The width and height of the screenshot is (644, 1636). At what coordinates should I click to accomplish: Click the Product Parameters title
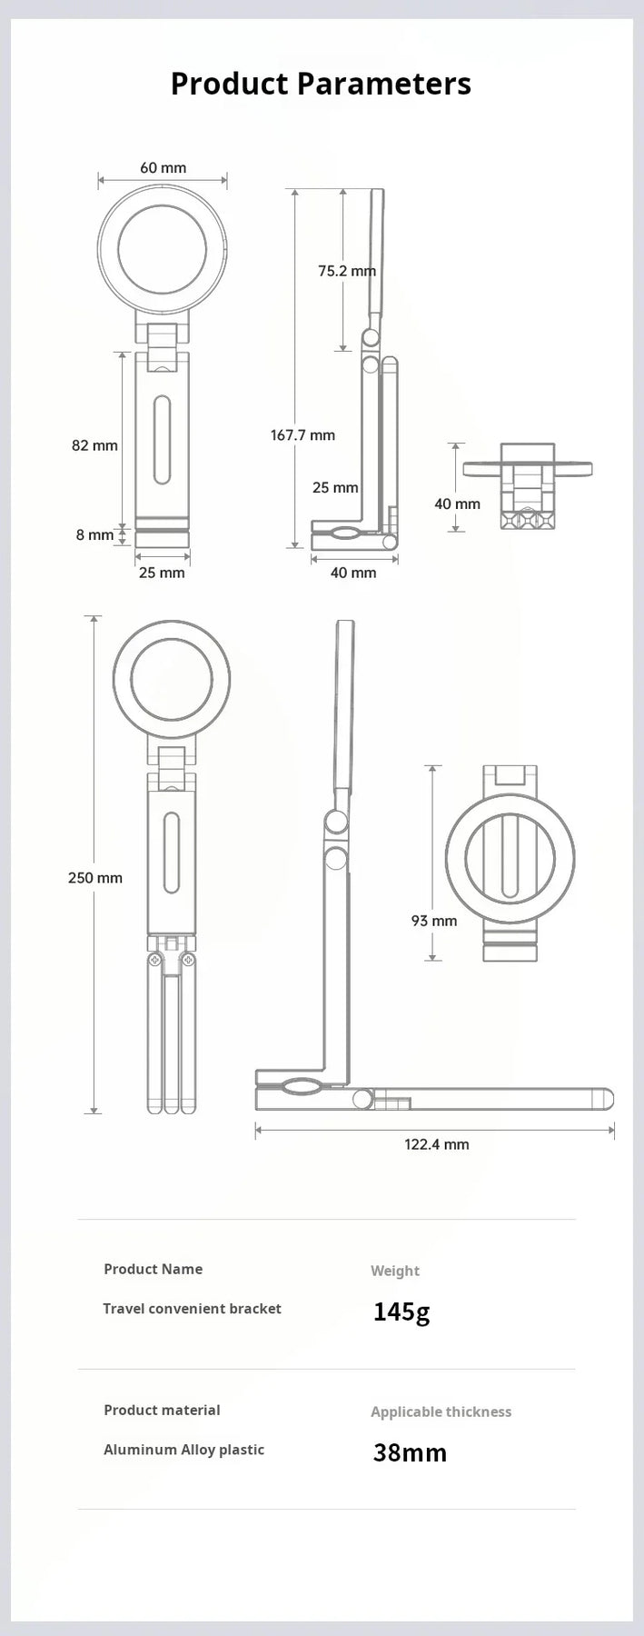pyautogui.click(x=321, y=84)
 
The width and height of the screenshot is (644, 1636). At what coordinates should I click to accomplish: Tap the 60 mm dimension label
pyautogui.click(x=163, y=168)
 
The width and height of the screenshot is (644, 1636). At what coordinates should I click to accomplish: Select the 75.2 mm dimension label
pyautogui.click(x=346, y=271)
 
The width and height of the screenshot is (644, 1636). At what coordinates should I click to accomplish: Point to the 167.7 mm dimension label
pyautogui.click(x=302, y=435)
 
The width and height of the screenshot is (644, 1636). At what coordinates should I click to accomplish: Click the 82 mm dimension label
pyautogui.click(x=94, y=445)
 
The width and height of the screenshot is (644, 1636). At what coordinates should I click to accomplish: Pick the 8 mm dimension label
pyautogui.click(x=94, y=535)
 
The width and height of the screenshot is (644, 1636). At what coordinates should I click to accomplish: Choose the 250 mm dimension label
pyautogui.click(x=94, y=878)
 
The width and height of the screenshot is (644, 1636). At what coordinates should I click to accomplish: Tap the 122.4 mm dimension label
pyautogui.click(x=436, y=1144)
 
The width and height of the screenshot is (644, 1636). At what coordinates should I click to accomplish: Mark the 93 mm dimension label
pyautogui.click(x=433, y=921)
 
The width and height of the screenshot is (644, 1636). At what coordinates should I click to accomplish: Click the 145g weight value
pyautogui.click(x=401, y=1312)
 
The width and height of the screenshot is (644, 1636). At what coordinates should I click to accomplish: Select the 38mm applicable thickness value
pyautogui.click(x=410, y=1452)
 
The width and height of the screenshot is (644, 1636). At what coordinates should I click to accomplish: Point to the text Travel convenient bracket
pyautogui.click(x=192, y=1309)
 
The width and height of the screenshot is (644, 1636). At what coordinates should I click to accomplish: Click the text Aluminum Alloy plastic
pyautogui.click(x=183, y=1450)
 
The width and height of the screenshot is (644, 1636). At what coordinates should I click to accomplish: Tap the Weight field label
pyautogui.click(x=394, y=1271)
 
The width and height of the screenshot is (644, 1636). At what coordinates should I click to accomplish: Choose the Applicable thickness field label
pyautogui.click(x=441, y=1412)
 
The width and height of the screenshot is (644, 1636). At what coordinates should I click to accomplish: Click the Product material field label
pyautogui.click(x=162, y=1410)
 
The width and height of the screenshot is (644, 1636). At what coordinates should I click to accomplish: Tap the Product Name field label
pyautogui.click(x=153, y=1269)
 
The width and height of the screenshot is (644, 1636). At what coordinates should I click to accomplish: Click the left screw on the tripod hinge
pyautogui.click(x=155, y=960)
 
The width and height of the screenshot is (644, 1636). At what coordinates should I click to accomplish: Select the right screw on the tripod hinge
pyautogui.click(x=188, y=960)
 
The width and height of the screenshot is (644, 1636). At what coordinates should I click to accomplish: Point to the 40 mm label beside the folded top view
pyautogui.click(x=457, y=504)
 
